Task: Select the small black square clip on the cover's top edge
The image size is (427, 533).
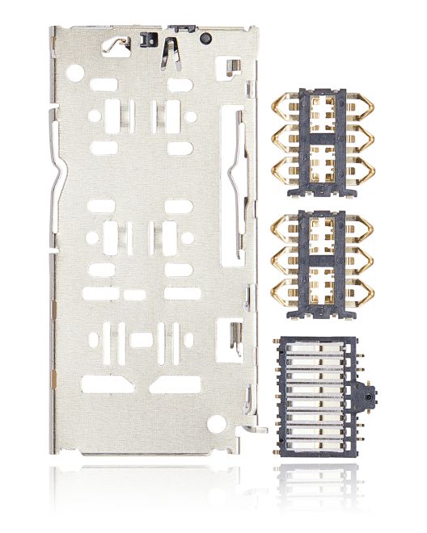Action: coord(147,38)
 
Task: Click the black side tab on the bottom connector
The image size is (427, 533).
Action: coord(370,397)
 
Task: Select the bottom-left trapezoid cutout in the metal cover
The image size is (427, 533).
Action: coord(107,383)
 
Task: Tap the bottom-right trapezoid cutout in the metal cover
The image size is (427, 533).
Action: coord(175,383)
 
